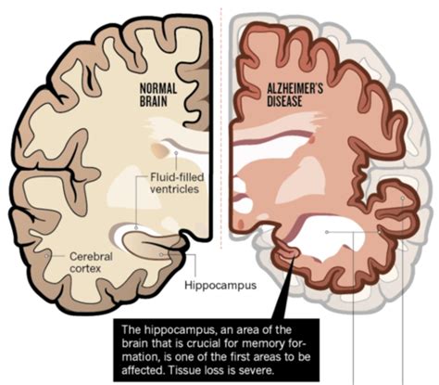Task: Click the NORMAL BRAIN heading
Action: pos(158,96)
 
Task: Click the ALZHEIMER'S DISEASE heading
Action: pos(295,96)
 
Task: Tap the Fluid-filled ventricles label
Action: pos(177,183)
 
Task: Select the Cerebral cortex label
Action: pos(91,263)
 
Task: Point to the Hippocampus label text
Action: pos(220,285)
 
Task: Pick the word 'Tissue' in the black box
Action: pos(183,370)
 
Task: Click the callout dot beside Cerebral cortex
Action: pos(47,256)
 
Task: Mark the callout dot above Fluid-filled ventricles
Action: pos(176,153)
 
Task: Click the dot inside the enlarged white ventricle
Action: pos(327,232)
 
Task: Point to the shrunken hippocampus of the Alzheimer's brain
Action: pos(285,253)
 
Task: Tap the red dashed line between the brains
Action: pos(221,127)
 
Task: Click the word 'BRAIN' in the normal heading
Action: pos(154,101)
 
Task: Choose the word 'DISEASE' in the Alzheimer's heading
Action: pos(284,101)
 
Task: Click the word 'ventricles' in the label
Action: pos(174,188)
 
